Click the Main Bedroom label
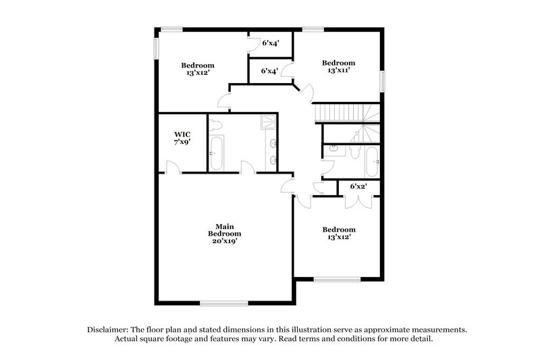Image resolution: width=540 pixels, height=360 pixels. tap(224, 230)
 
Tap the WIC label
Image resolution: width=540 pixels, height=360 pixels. tap(182, 134)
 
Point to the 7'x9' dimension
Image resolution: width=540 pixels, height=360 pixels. tap(182, 143)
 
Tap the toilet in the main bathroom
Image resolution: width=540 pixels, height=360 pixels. tap(215, 124)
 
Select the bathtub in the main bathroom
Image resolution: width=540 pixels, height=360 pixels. tap(217, 154)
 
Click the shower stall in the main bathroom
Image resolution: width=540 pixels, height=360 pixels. tap(269, 122)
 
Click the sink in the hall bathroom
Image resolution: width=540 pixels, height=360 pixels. tap(333, 147)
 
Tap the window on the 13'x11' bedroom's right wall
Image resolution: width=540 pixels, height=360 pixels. tap(381, 82)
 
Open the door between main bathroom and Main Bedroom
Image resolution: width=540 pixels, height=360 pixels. tap(247, 167)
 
